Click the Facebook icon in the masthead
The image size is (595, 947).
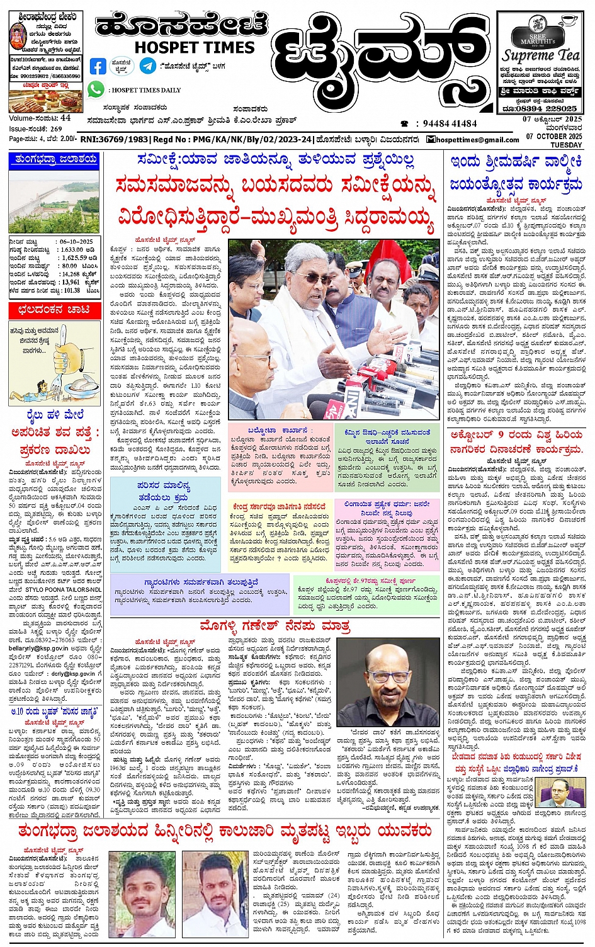point(98,66)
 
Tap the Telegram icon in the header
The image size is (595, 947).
point(148,65)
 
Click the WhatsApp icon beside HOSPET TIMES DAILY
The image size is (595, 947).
point(96,89)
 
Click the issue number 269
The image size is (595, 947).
point(57,128)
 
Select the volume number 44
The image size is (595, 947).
point(65,118)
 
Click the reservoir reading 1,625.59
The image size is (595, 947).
point(74,258)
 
